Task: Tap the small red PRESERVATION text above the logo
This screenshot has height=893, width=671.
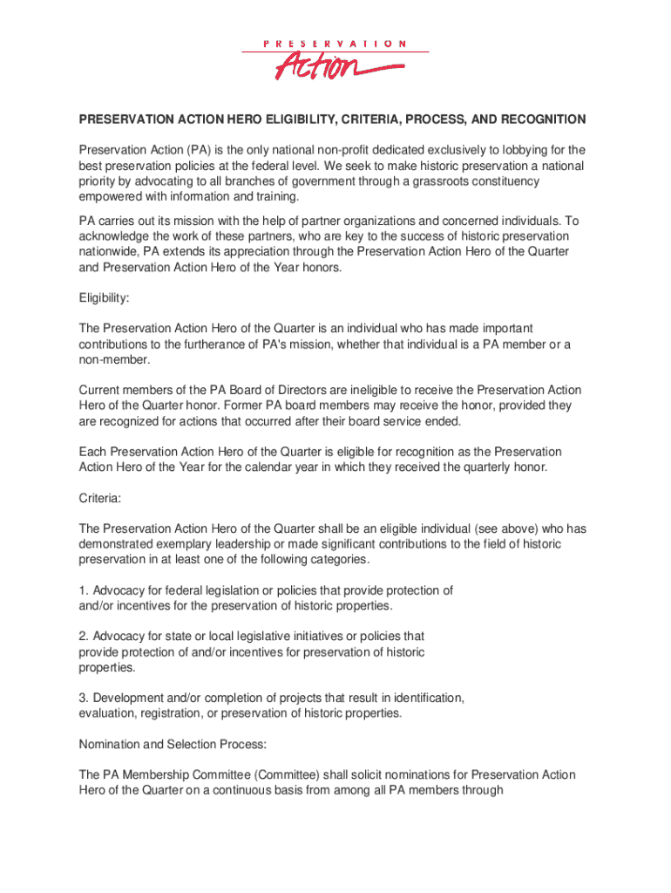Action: pos(335,43)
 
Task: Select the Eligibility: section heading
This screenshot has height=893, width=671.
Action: pos(104,298)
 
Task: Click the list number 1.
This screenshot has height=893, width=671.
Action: pos(83,590)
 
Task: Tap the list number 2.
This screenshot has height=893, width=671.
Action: pos(83,637)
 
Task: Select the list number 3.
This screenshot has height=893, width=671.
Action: pos(83,699)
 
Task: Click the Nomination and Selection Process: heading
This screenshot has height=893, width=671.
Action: pos(173,744)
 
